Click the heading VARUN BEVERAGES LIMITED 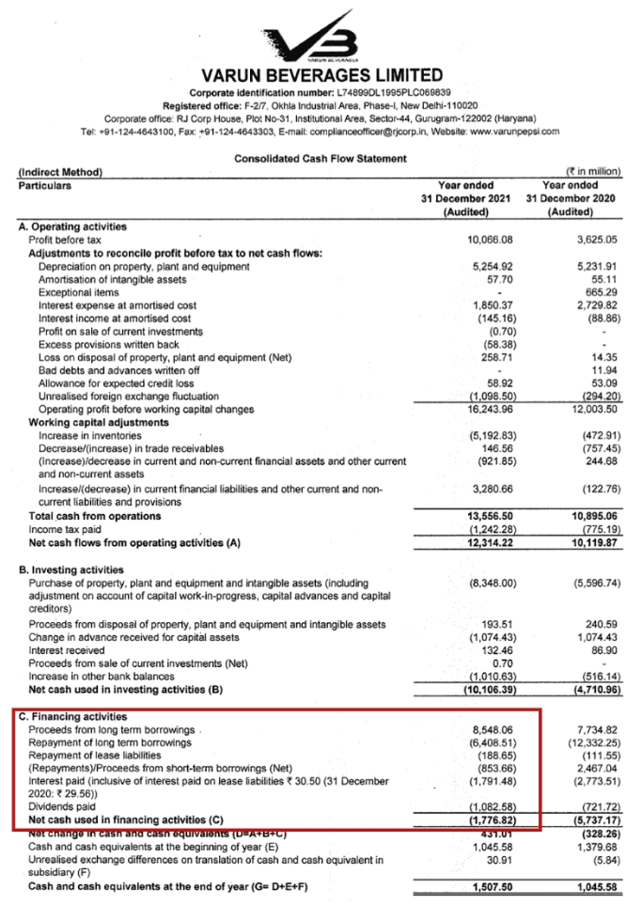[321, 75]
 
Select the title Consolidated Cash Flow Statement [321, 159]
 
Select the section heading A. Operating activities [72, 227]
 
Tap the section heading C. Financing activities [73, 717]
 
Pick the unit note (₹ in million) [592, 172]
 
